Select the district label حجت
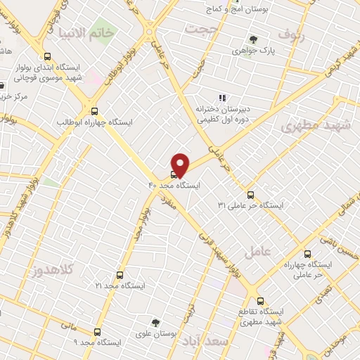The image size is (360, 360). (x=203, y=28)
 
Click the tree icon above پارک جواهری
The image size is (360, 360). (x=253, y=39)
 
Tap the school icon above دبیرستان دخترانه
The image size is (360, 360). (x=221, y=98)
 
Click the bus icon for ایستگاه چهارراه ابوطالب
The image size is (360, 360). (x=95, y=110)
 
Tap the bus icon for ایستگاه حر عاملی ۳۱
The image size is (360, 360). (x=251, y=195)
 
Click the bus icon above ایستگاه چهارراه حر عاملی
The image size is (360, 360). (x=307, y=255)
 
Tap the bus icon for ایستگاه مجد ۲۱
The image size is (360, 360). (x=120, y=275)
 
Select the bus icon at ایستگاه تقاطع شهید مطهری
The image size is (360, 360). (x=259, y=300)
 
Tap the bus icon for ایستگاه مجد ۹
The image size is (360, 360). (x=96, y=330)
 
